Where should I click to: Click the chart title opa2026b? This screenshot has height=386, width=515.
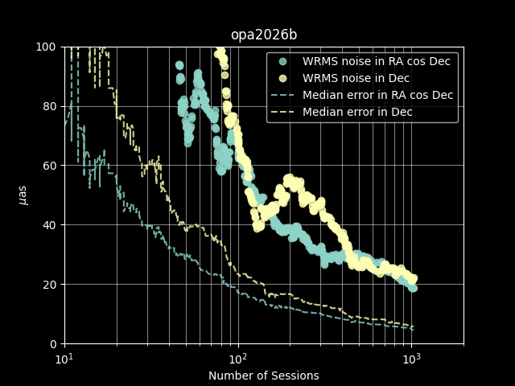(x=264, y=35)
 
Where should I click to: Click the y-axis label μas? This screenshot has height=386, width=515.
(x=23, y=195)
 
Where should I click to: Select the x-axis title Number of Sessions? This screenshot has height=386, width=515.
(x=264, y=376)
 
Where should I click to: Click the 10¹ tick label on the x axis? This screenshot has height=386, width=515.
(x=64, y=359)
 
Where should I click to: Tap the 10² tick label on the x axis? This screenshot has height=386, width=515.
(x=238, y=359)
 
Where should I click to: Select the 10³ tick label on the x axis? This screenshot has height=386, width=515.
(x=411, y=359)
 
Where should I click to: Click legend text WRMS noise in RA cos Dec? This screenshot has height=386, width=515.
(x=377, y=61)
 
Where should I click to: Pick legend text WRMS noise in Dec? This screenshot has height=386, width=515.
(x=356, y=78)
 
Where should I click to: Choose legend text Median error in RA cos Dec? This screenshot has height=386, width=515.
(x=378, y=95)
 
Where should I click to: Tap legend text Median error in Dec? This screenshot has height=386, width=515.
(x=357, y=112)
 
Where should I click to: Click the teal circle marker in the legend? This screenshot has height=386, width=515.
(x=282, y=61)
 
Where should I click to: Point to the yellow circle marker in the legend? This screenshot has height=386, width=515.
(x=282, y=79)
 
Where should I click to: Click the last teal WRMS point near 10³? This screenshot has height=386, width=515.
(x=413, y=288)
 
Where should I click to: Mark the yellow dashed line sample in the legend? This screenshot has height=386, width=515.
(x=282, y=113)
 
